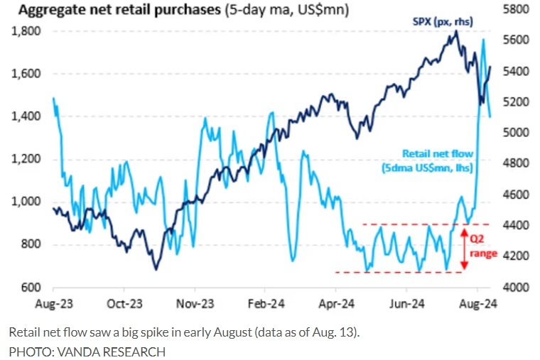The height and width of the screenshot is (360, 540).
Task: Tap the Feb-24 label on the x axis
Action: pyautogui.click(x=264, y=304)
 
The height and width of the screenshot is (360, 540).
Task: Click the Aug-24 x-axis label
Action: pyautogui.click(x=477, y=304)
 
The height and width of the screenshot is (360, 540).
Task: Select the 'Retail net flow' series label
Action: pyautogui.click(x=437, y=153)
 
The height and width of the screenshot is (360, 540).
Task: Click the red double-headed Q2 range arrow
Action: pyautogui.click(x=463, y=249)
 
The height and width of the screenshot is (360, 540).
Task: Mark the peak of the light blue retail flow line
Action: pyautogui.click(x=484, y=40)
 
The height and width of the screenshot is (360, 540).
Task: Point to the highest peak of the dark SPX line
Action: pyautogui.click(x=454, y=31)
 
